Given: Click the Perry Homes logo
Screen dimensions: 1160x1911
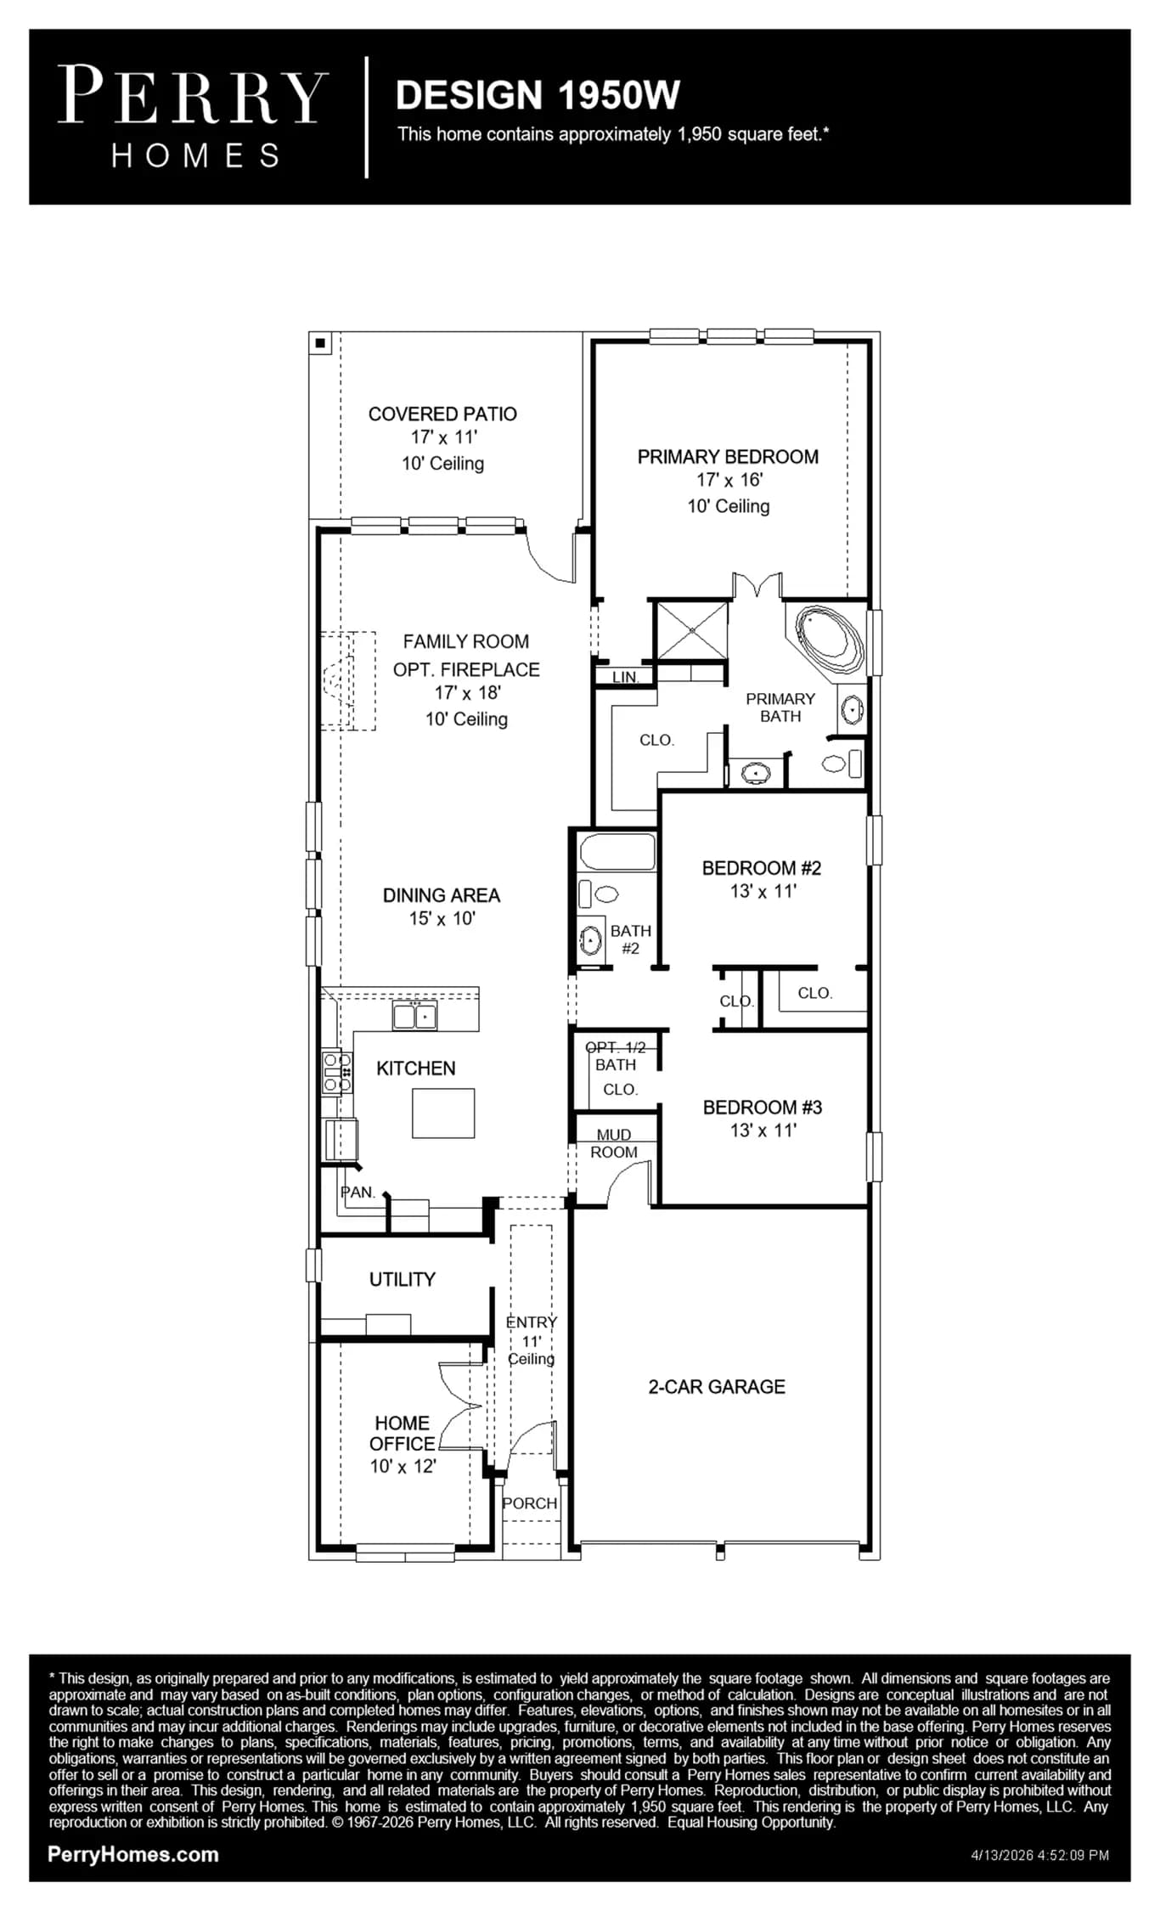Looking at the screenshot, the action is [x=193, y=116].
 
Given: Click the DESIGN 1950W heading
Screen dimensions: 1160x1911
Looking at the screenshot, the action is [x=538, y=95].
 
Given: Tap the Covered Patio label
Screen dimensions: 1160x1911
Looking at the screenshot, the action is [x=442, y=414].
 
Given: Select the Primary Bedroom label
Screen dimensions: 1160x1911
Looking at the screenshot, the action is [x=728, y=457].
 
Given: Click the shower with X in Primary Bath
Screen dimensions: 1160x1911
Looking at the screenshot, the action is [x=692, y=630].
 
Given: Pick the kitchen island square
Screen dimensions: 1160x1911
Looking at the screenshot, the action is [x=443, y=1113].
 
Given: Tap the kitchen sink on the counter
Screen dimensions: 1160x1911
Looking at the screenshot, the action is [x=415, y=1015].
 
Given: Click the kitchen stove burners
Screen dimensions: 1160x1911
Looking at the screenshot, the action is [x=337, y=1072].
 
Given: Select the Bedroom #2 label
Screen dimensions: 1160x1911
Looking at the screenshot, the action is [x=762, y=868].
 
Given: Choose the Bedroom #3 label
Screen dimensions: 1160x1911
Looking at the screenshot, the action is [x=763, y=1108].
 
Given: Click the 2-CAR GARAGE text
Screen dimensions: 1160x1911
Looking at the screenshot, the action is [x=717, y=1387].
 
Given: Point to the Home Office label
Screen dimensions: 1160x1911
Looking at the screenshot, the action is [x=403, y=1433].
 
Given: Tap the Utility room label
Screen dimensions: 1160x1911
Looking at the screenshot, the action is [x=403, y=1279].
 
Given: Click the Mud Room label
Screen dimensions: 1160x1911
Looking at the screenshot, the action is [x=614, y=1143].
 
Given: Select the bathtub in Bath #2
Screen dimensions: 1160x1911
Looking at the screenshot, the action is [x=617, y=852].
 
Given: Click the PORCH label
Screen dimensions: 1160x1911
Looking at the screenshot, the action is [x=530, y=1503].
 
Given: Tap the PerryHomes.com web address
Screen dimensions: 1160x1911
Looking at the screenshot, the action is [x=133, y=1855].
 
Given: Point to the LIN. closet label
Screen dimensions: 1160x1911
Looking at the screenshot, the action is [x=626, y=677].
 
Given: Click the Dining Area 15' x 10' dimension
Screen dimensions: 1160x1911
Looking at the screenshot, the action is [x=442, y=918].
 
